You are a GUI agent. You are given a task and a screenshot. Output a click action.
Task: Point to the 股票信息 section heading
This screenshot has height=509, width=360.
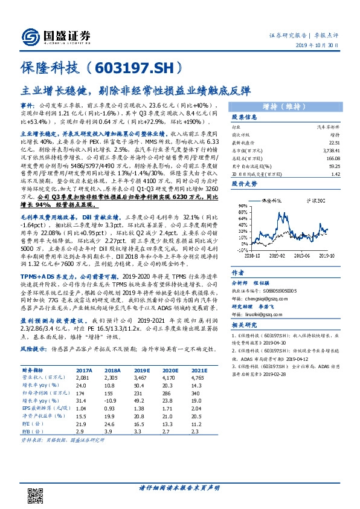(245, 117)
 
